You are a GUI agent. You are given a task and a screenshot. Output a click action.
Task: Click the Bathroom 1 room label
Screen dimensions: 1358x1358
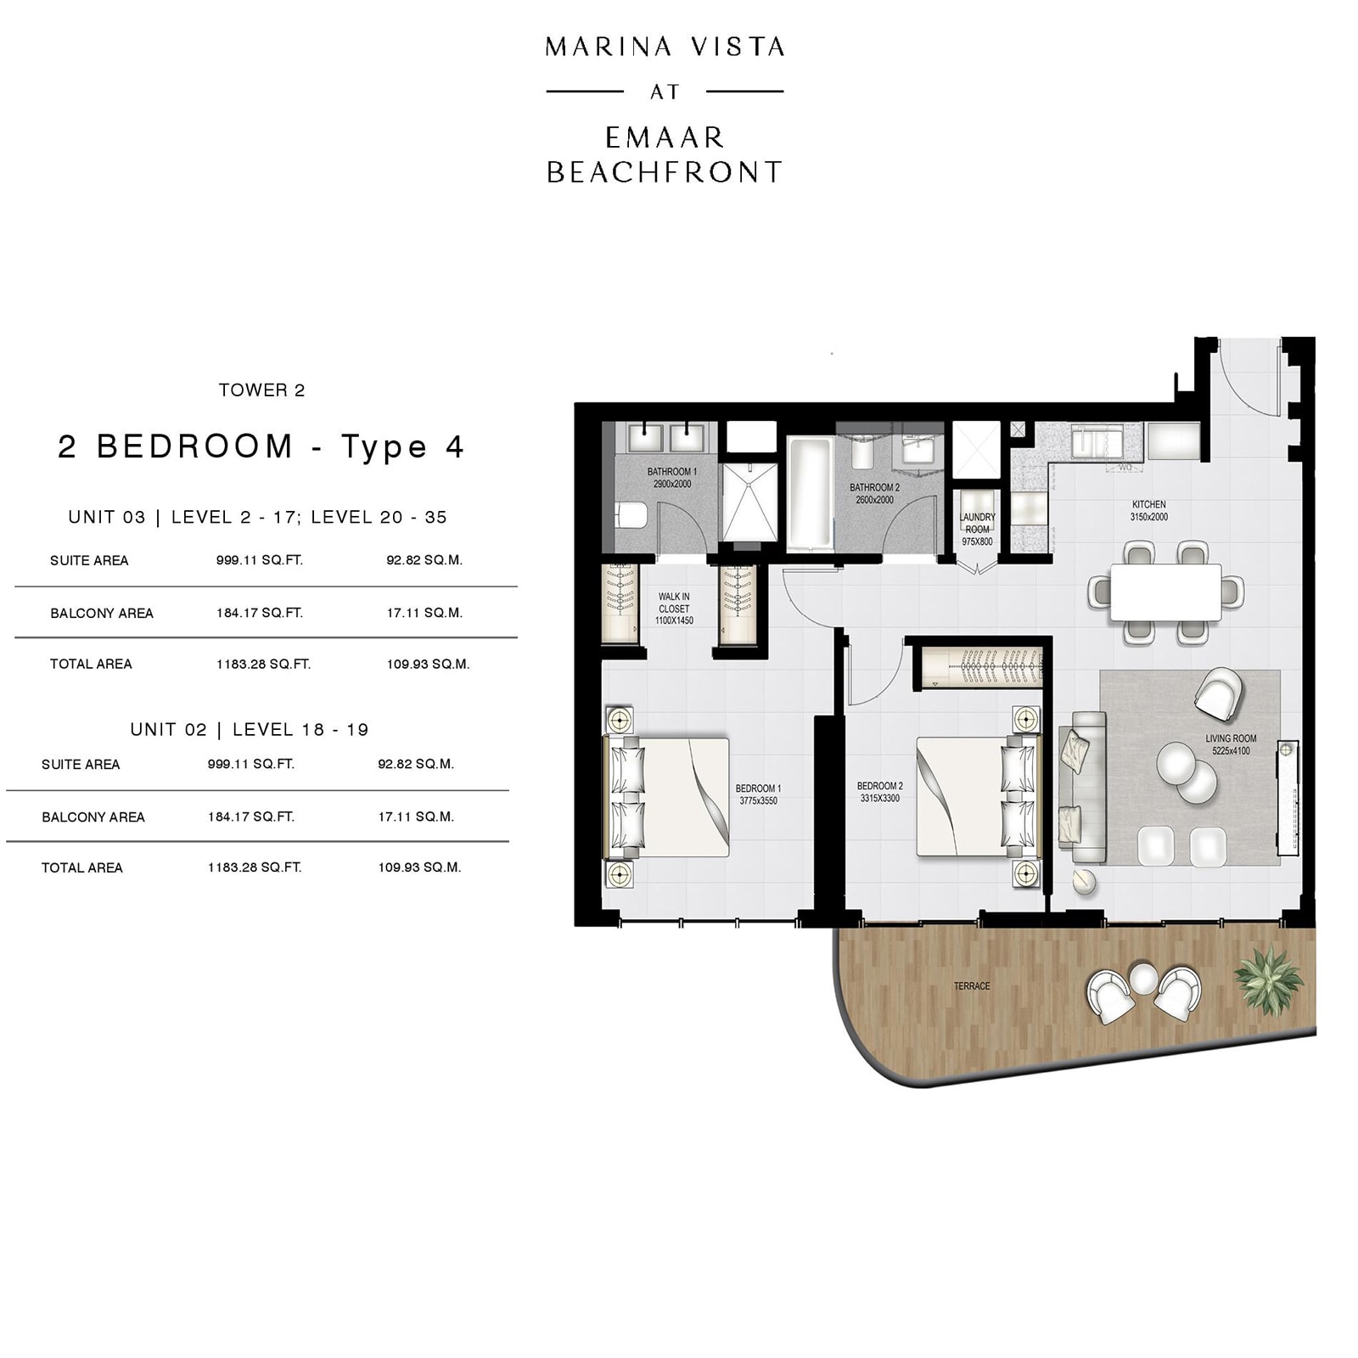[x=671, y=472]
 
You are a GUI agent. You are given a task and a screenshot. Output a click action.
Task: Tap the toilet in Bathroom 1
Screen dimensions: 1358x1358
[x=631, y=514]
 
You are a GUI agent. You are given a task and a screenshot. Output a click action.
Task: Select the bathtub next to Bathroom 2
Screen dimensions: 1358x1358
[x=811, y=494]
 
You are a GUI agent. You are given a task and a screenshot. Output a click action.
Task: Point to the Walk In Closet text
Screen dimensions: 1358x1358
[x=674, y=603]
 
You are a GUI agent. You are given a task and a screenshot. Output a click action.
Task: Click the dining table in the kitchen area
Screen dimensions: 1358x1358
[x=1165, y=592]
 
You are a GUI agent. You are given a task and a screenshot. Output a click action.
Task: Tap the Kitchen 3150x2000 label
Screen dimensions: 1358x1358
[x=1148, y=510]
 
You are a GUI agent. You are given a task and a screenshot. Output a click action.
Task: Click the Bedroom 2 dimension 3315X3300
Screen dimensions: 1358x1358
[x=879, y=799]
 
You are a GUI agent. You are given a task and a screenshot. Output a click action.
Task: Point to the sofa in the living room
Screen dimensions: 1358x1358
[x=1081, y=788]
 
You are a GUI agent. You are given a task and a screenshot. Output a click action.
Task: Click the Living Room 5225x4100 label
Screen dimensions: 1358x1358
[x=1230, y=744]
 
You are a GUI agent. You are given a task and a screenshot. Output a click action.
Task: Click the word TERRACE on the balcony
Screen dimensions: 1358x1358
[x=971, y=986]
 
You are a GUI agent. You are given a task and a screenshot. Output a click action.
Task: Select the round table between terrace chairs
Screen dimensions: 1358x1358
[x=1143, y=979]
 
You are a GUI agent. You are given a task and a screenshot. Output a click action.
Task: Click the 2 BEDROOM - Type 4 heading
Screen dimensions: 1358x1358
[x=261, y=446]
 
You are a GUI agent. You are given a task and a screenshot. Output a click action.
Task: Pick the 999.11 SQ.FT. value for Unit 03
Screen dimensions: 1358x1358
[x=259, y=560]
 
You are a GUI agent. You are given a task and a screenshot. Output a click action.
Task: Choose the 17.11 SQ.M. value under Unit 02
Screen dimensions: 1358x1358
[x=416, y=816]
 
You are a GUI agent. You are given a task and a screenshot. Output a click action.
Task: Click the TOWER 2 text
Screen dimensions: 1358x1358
[x=261, y=390]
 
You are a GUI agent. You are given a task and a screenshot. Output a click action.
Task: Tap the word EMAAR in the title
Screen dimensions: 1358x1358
[x=664, y=137]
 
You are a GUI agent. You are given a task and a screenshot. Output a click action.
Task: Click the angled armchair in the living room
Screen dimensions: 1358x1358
[x=1218, y=693]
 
